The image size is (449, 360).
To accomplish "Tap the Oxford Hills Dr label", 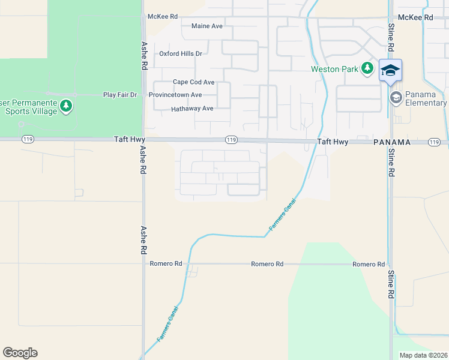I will (x=181, y=53).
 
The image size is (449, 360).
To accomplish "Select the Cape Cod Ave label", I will (x=193, y=82).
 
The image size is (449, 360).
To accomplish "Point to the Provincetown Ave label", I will (x=175, y=95).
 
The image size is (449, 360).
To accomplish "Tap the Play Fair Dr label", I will (x=120, y=95).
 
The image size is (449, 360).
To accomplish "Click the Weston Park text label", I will (x=334, y=69).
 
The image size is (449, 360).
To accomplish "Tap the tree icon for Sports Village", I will (x=66, y=107).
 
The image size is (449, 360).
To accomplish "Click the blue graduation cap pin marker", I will (x=390, y=70).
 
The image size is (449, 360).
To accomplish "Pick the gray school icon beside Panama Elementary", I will (x=396, y=97).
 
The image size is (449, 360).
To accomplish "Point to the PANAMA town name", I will (x=391, y=142).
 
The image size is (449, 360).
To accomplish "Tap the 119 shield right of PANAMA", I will (x=435, y=142).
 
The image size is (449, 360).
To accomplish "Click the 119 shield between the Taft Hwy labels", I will (x=232, y=140).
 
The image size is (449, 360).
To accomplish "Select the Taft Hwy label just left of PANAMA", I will (x=333, y=142).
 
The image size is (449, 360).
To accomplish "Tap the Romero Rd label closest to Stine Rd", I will (x=369, y=264).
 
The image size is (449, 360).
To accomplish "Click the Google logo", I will (x=20, y=352).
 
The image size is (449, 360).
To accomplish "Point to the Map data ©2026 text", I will (x=424, y=355).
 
